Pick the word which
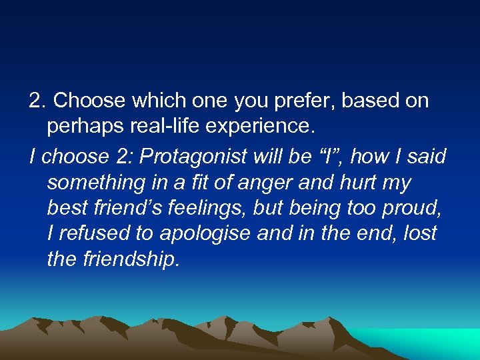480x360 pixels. (x=151, y=101)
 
